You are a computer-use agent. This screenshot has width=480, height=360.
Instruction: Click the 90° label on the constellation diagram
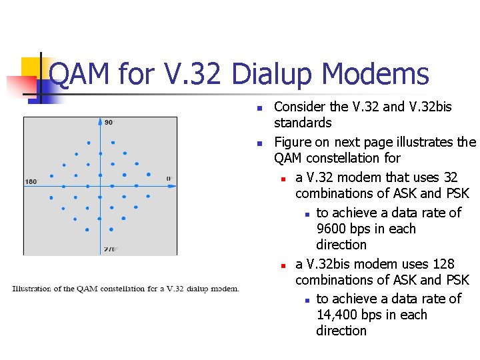pos(109,123)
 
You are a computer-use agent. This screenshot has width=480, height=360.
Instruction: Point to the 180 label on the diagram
pos(31,181)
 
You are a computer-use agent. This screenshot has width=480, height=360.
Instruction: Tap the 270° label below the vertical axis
pos(110,249)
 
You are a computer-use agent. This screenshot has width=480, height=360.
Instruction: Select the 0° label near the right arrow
pos(169,178)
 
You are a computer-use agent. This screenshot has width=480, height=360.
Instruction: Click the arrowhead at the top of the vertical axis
pos(100,122)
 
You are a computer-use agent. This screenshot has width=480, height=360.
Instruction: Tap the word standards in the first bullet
pos(303,123)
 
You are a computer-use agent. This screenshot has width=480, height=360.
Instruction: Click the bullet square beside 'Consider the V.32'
pos(260,108)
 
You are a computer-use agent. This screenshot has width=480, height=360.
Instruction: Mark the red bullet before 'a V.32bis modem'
pos(283,265)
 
